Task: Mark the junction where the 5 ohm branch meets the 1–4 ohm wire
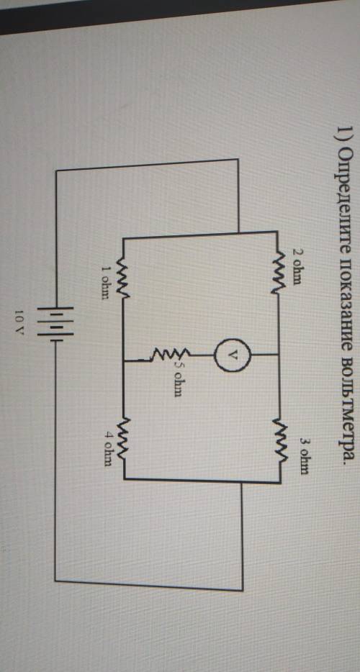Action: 124,360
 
